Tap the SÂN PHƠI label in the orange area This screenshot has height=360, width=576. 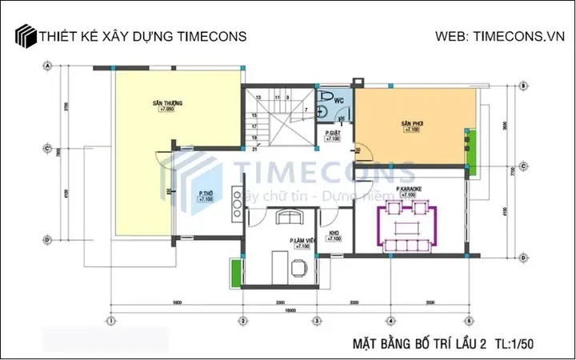(x=411, y=124)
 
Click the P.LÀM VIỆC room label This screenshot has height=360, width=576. (x=302, y=241)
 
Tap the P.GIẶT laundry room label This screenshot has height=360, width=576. (x=332, y=134)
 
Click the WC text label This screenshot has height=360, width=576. (x=338, y=100)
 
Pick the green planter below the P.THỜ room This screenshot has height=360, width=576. (x=236, y=270)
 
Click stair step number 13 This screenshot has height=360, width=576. (x=258, y=97)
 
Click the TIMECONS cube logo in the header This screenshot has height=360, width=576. (x=26, y=37)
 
